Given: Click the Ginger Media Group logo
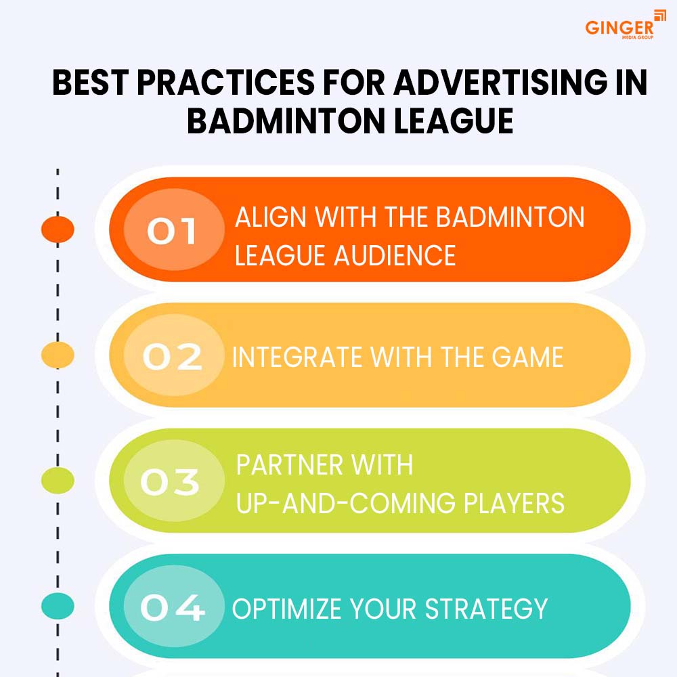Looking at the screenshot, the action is [625, 25].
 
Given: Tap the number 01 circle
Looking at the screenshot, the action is [174, 230].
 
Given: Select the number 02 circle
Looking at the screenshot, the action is [174, 355].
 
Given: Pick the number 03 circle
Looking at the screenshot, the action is [174, 481].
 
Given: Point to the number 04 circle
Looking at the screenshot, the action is [174, 606].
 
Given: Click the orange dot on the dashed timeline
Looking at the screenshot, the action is [58, 230].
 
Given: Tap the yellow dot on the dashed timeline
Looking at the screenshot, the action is [58, 355].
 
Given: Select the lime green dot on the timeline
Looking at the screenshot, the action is [58, 481].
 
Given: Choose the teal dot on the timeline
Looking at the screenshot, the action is [58, 606].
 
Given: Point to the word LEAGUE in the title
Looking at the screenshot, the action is [454, 121].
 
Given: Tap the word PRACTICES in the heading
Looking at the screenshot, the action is [226, 82].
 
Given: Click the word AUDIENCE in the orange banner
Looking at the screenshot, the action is [395, 255].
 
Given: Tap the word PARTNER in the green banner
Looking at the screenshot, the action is [290, 465].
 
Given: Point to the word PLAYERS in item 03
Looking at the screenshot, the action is [514, 503].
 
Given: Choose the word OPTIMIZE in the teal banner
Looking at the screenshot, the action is [286, 609].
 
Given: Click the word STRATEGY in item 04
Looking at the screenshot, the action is [486, 609].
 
